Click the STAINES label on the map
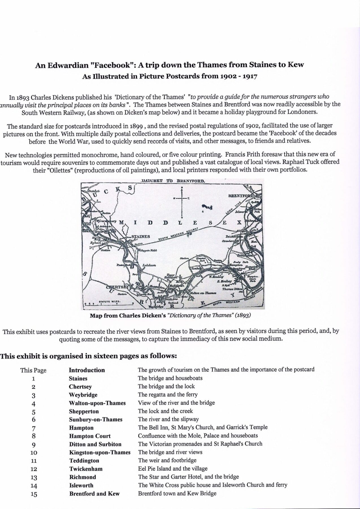pos(140,237)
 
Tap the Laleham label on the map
pos(149,266)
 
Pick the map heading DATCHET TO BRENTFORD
pos(172,181)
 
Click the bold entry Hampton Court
pos(90,436)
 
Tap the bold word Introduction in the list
pos(87,370)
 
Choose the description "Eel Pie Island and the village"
pos(173,469)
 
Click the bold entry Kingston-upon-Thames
pos(100,452)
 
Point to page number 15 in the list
pos(34,494)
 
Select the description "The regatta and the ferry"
pos(168,394)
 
